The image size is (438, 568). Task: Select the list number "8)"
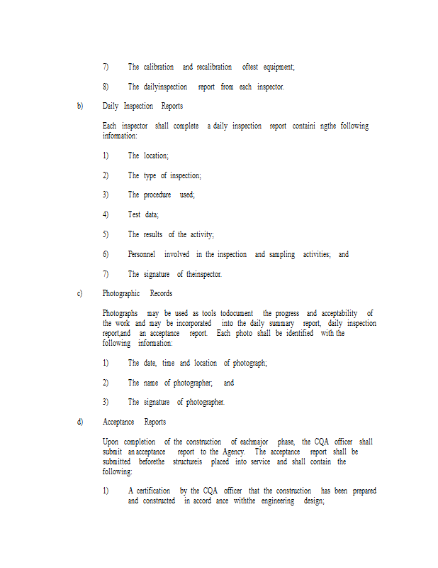pos(106,87)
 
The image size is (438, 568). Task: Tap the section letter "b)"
pos(80,106)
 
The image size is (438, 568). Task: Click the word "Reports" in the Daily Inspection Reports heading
pos(172,106)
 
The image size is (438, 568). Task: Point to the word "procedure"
pos(157,195)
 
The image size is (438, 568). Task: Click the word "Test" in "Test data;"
pos(134,214)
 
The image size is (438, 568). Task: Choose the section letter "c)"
pos(80,293)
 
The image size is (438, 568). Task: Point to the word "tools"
pos(209,313)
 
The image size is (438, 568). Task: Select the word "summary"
pos(281,323)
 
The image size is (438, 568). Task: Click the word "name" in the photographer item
pos(151,383)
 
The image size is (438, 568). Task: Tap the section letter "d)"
pos(80,422)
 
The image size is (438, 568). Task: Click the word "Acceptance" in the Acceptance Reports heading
pos(118,422)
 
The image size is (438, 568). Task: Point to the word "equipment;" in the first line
pos(279,67)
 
